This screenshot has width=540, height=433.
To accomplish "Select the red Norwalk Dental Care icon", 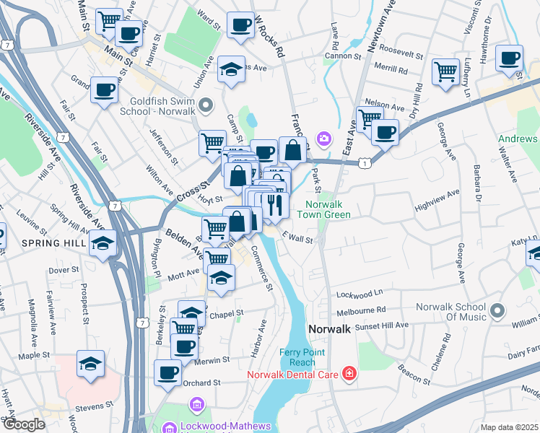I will click(x=349, y=373).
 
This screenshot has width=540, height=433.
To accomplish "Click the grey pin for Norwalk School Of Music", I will click(x=496, y=311).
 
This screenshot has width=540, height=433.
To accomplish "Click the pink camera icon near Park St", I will click(x=324, y=137).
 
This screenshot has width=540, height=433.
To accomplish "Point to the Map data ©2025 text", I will click(x=510, y=427).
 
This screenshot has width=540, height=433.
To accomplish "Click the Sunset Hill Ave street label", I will click(x=384, y=325).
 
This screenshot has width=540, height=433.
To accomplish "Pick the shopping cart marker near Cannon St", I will click(x=446, y=71).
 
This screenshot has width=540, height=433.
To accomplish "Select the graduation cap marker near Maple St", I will click(x=90, y=363).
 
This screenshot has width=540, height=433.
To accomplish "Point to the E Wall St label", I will click(x=297, y=237).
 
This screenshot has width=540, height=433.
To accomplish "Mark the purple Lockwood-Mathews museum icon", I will click(x=169, y=429).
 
